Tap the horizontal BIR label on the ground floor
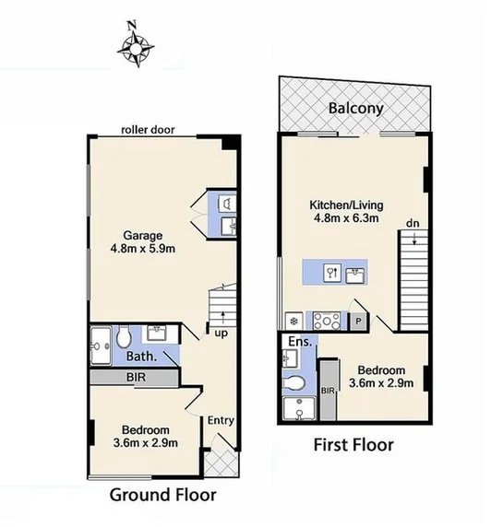[135, 377]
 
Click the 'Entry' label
[222, 420]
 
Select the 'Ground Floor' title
[163, 495]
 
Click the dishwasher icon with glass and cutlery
[333, 272]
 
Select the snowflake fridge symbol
[294, 322]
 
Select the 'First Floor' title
[354, 445]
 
